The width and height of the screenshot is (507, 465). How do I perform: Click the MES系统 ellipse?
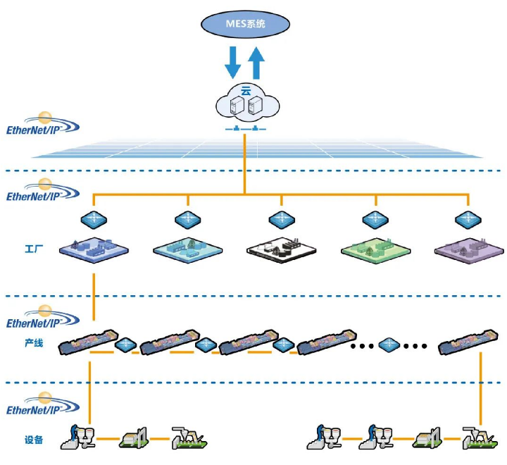pyautogui.click(x=245, y=24)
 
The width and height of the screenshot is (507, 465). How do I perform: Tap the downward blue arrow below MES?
pyautogui.click(x=232, y=61)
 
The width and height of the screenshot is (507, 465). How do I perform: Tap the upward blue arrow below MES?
pyautogui.click(x=257, y=61)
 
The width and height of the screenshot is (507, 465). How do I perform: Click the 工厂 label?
pyautogui.click(x=33, y=249)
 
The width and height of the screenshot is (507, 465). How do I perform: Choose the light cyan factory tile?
pyautogui.click(x=188, y=248)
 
